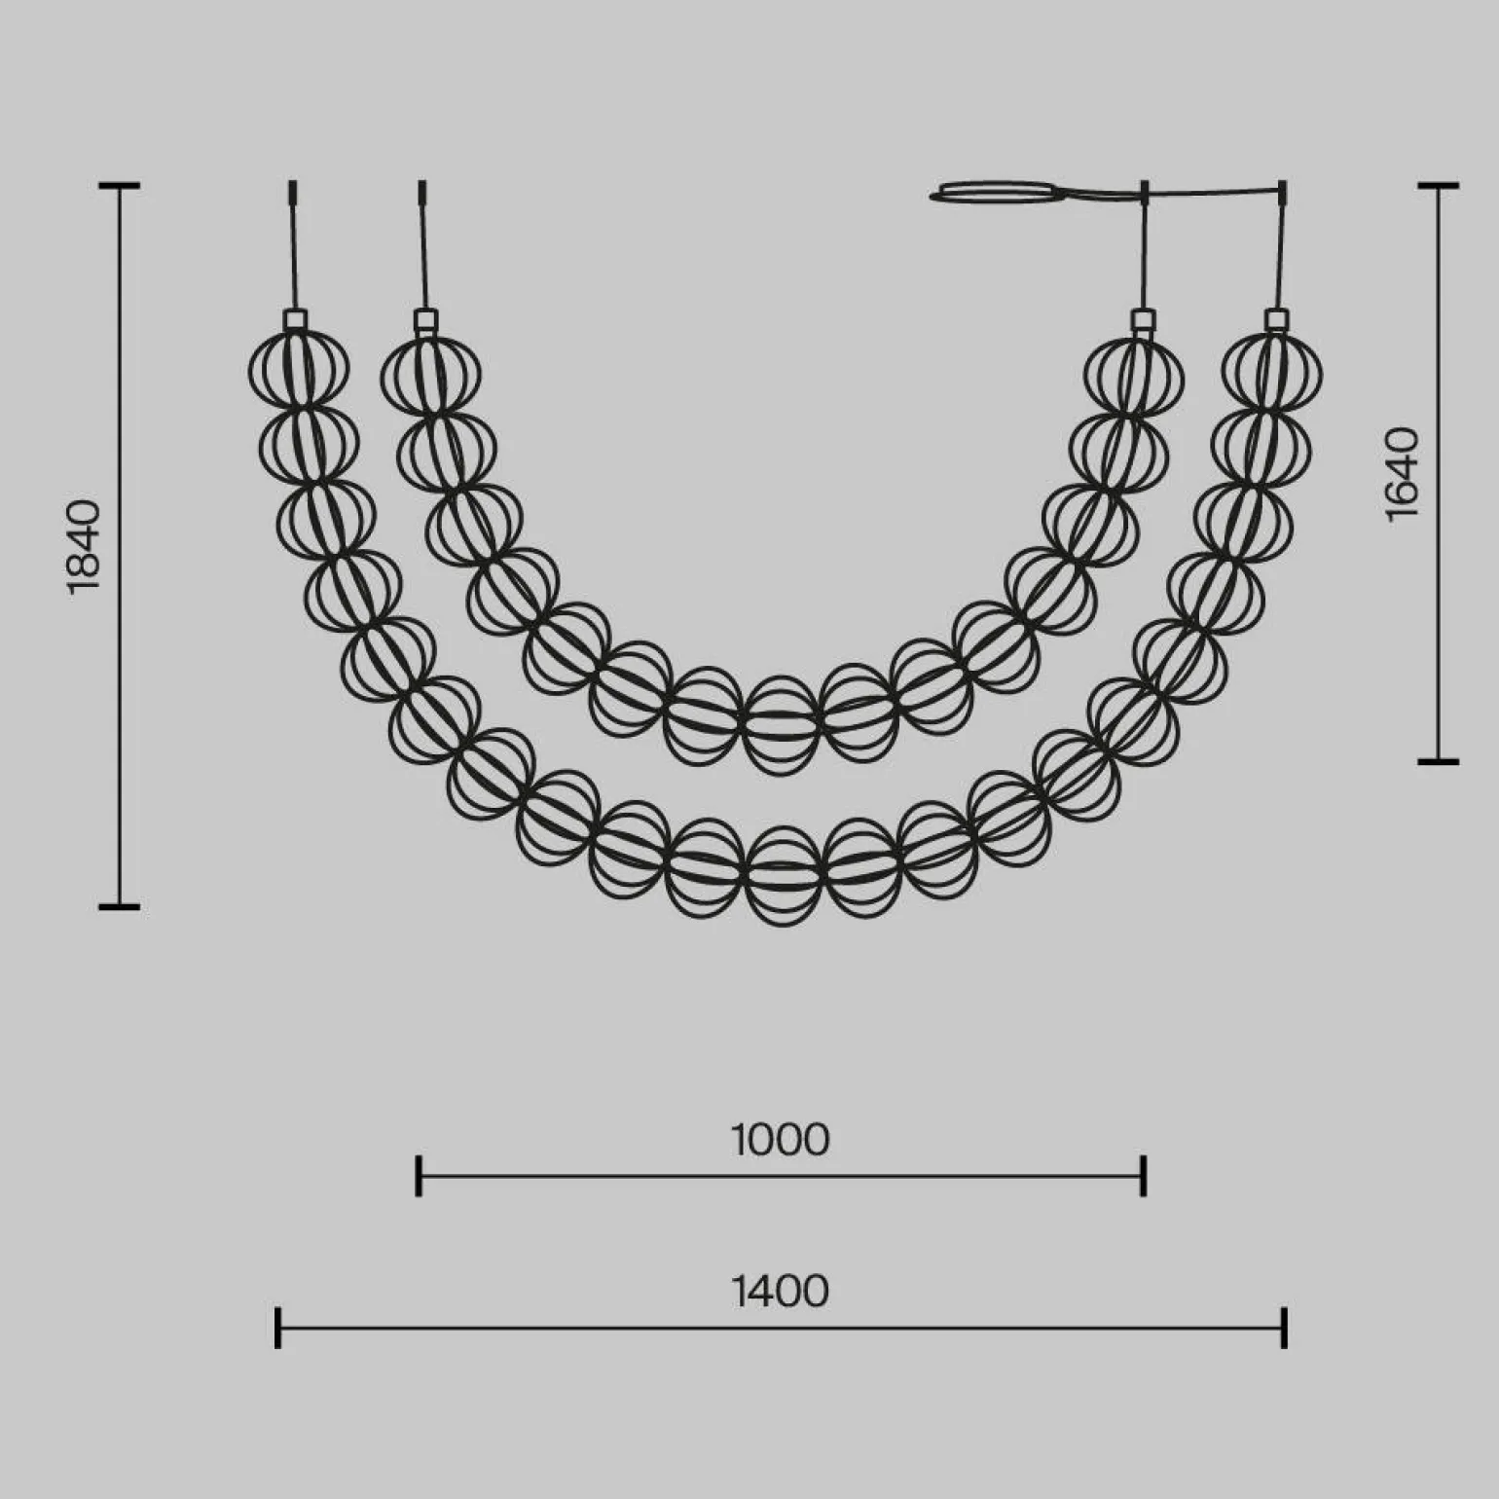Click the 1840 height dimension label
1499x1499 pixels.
point(84,546)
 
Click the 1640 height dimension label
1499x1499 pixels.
point(1403,474)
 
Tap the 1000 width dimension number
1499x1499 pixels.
point(781,1140)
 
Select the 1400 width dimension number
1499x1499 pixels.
point(781,1292)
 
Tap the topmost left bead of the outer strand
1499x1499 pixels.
point(299,371)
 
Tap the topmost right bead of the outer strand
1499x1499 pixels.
point(1272,371)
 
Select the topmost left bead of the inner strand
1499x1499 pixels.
point(430,375)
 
